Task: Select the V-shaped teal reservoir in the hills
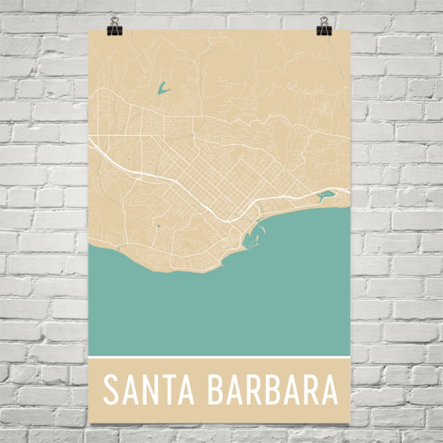(162, 90)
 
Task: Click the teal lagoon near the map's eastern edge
(326, 195)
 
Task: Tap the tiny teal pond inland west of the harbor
(158, 225)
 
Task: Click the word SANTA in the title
(149, 389)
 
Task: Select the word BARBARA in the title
(272, 389)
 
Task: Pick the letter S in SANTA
(111, 389)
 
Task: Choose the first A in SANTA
(129, 389)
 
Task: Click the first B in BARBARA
(216, 389)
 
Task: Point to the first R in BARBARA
(254, 389)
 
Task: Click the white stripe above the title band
(220, 356)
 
